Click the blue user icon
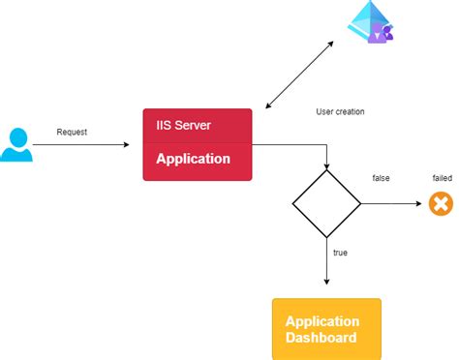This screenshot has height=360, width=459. coord(16,144)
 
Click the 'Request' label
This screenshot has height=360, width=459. coord(73,132)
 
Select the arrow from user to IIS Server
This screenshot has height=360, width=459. coord(82,145)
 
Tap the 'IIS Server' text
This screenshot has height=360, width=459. coord(183,126)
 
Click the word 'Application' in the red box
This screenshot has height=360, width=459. coord(193,159)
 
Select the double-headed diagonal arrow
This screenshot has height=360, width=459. coord(299,75)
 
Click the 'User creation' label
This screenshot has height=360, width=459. coord(340,111)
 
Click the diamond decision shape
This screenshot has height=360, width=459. coord(327,204)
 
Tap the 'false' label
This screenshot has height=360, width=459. coord(382,178)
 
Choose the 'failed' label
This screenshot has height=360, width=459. coord(442,178)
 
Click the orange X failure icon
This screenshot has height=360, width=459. coord(441,204)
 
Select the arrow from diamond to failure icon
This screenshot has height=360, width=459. coord(392,204)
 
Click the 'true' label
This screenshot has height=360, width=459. coord(340,253)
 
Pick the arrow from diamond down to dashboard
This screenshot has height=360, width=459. coord(327,261)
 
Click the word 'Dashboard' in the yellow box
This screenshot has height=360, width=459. coord(321,338)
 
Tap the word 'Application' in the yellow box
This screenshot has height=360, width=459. coord(322,321)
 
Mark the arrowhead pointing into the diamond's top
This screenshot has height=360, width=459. coord(327,166)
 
